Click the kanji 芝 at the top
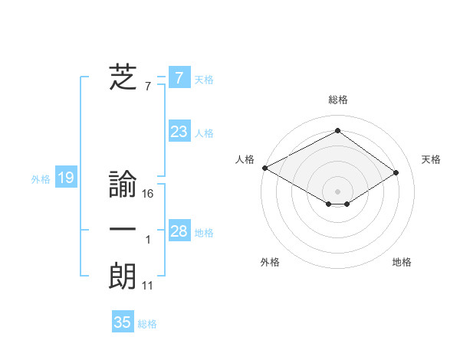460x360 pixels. click(x=123, y=77)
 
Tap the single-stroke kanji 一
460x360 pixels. click(x=123, y=230)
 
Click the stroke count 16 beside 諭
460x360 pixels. click(x=148, y=195)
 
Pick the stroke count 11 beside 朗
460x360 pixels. click(x=148, y=285)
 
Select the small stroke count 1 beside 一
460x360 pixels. click(x=148, y=240)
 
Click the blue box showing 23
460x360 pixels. click(x=179, y=132)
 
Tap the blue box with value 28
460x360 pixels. click(x=179, y=231)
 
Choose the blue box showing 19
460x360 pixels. click(x=65, y=178)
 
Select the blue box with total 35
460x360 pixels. click(x=123, y=322)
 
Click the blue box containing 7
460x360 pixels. click(x=179, y=77)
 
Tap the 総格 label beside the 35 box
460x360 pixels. click(x=147, y=324)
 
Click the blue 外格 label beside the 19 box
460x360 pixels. click(x=41, y=179)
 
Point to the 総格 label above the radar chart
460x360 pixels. click(x=337, y=100)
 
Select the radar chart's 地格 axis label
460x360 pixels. click(x=402, y=262)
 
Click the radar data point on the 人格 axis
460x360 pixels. click(x=264, y=168)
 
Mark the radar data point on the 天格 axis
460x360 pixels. click(x=396, y=172)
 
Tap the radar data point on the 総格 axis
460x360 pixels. click(x=337, y=132)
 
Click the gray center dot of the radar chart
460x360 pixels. click(x=337, y=191)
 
